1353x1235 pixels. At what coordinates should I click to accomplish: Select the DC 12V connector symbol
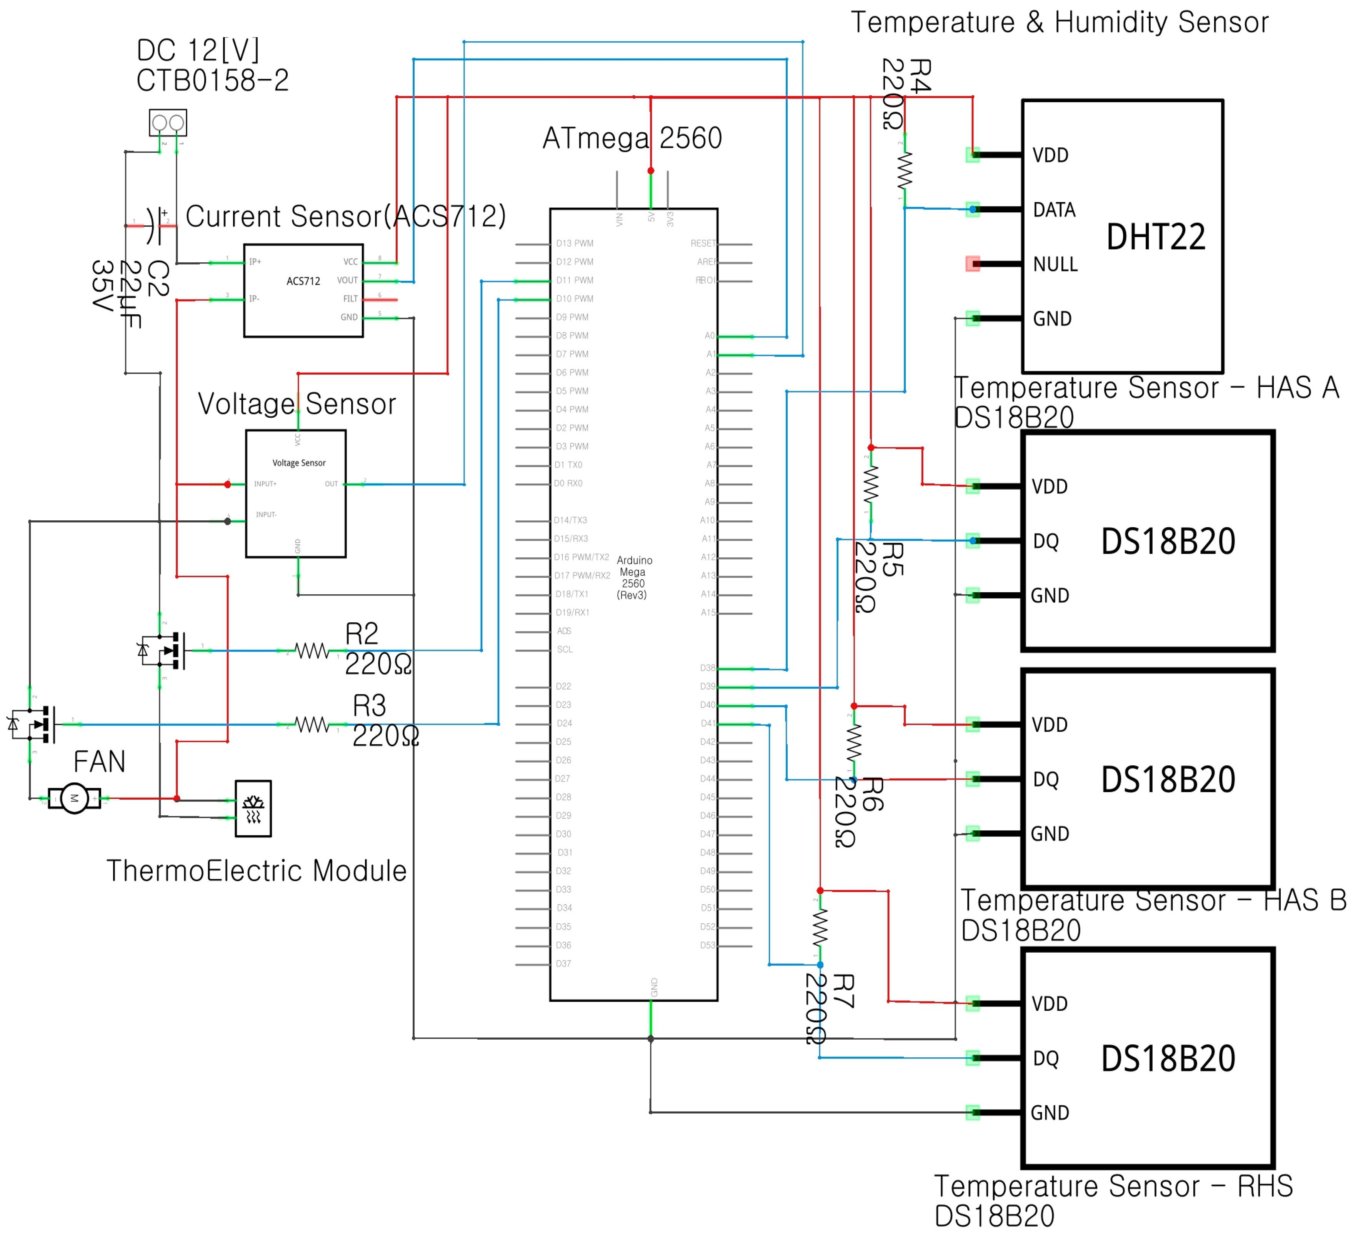click(x=168, y=123)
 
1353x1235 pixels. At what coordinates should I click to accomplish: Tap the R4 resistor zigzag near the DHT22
click(x=905, y=171)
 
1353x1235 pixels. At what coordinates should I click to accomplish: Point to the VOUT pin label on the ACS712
click(x=347, y=280)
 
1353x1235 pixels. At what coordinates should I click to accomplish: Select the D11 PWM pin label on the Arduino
click(x=575, y=280)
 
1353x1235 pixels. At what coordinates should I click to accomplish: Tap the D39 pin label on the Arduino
click(x=707, y=687)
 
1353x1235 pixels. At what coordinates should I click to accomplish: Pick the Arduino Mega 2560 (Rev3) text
click(x=633, y=577)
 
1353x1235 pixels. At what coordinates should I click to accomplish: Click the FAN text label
click(x=99, y=762)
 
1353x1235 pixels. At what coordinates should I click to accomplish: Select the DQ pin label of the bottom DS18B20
click(x=1046, y=1058)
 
